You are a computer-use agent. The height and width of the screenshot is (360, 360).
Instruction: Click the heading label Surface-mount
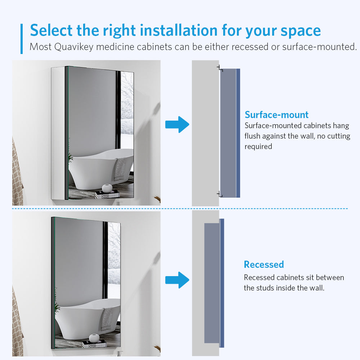coord(276,115)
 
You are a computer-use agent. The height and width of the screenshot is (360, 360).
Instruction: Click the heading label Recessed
coord(264,265)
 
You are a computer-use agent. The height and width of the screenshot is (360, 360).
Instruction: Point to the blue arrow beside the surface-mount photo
coord(177,125)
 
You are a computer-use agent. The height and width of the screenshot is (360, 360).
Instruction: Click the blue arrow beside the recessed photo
coord(177,280)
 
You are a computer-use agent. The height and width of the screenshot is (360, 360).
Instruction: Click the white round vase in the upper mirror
coord(107,188)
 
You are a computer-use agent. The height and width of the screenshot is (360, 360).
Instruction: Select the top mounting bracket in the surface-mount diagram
coord(220,68)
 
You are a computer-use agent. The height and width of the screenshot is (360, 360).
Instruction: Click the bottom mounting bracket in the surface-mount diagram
coord(220,194)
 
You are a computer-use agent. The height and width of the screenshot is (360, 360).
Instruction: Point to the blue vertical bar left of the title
coord(22,39)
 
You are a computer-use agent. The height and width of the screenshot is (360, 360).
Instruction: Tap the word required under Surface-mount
coord(258,147)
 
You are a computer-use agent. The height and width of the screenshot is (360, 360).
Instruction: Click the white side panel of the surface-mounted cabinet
coord(58,133)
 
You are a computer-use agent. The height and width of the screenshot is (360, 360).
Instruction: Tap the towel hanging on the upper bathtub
coord(120,169)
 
